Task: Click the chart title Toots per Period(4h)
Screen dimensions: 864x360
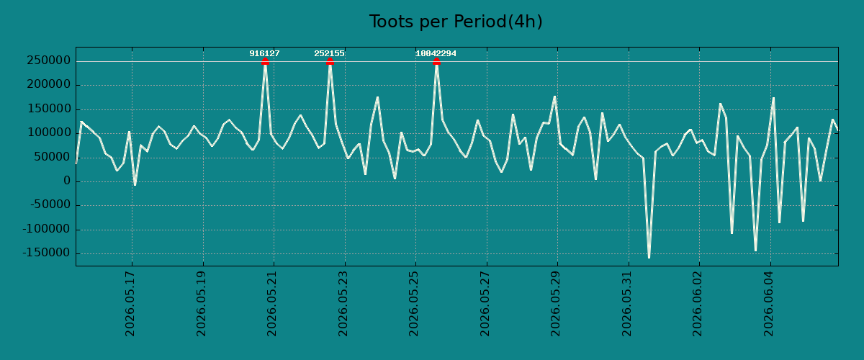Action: point(456,22)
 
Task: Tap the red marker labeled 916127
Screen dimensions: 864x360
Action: point(265,61)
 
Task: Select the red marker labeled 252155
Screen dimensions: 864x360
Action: point(330,61)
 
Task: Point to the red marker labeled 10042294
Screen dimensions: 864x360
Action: point(436,61)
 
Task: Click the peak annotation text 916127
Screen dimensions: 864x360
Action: point(265,53)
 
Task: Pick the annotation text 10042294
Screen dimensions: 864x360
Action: point(436,53)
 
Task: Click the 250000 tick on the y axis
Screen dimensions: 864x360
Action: point(49,60)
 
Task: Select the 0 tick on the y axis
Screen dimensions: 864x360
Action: point(67,181)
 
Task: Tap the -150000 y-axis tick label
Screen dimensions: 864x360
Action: point(47,253)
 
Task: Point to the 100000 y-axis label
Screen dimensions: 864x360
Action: point(49,132)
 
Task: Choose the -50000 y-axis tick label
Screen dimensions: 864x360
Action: point(50,205)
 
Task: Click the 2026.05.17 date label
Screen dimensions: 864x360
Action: point(130,304)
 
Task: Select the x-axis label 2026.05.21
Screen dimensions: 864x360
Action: point(272,304)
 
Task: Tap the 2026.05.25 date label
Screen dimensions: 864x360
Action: point(413,304)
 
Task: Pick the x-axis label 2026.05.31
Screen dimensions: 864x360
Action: point(627,304)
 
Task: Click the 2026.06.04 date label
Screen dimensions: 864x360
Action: point(769,304)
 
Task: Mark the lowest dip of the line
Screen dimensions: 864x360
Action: point(649,257)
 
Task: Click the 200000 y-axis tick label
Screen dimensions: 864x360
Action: point(49,84)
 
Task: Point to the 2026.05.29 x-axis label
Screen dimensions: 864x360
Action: point(555,304)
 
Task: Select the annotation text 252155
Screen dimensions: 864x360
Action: point(330,53)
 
